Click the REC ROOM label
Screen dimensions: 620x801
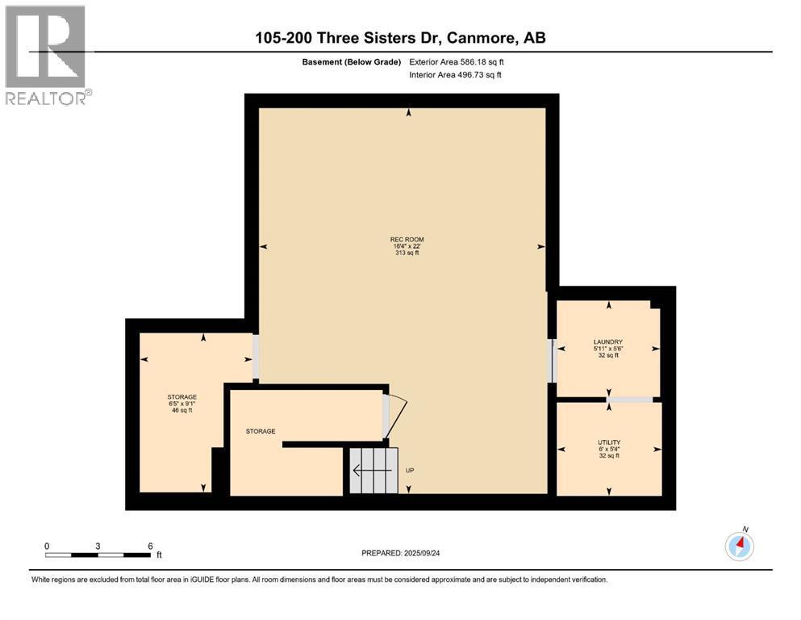pyautogui.click(x=407, y=239)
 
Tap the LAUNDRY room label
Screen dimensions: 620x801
pyautogui.click(x=608, y=341)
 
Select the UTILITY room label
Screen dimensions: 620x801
pyautogui.click(x=608, y=442)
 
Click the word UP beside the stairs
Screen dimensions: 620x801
pyautogui.click(x=410, y=470)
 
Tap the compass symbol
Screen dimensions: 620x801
pyautogui.click(x=739, y=547)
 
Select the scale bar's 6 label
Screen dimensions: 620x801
pyautogui.click(x=150, y=546)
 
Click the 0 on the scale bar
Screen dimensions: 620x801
pyautogui.click(x=47, y=546)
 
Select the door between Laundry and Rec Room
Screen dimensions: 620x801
pyautogui.click(x=553, y=360)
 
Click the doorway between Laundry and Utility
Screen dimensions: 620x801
pyautogui.click(x=630, y=399)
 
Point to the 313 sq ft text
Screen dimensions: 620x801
pyautogui.click(x=407, y=253)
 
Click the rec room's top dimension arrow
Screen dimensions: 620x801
pyautogui.click(x=408, y=114)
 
